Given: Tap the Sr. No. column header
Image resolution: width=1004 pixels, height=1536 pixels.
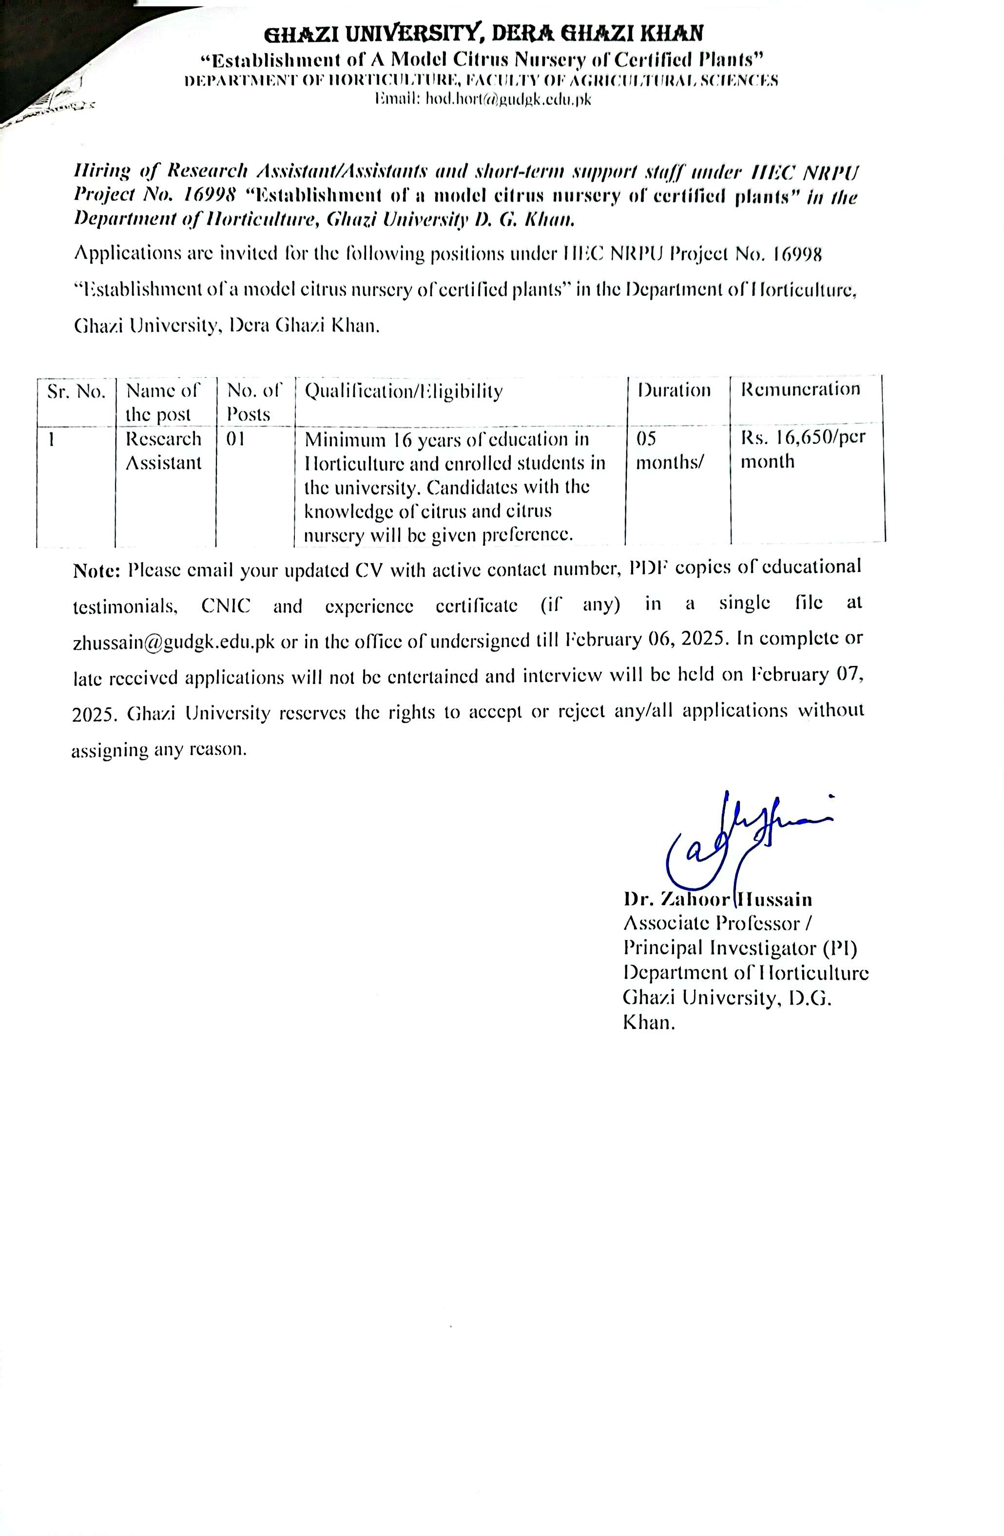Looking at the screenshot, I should (76, 392).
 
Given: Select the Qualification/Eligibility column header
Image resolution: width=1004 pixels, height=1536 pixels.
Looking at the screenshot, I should (403, 391).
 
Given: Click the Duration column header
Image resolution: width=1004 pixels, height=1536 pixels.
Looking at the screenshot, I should (674, 390).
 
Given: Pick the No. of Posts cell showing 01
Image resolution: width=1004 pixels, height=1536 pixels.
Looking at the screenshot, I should (236, 439).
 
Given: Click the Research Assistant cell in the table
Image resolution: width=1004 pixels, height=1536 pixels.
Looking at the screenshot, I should (163, 451).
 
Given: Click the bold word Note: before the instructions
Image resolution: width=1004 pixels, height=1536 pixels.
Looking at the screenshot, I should (97, 570).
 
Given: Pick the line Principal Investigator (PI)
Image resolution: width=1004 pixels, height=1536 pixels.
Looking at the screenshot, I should (740, 948).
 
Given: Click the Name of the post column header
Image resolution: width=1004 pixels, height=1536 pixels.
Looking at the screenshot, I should (163, 401).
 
